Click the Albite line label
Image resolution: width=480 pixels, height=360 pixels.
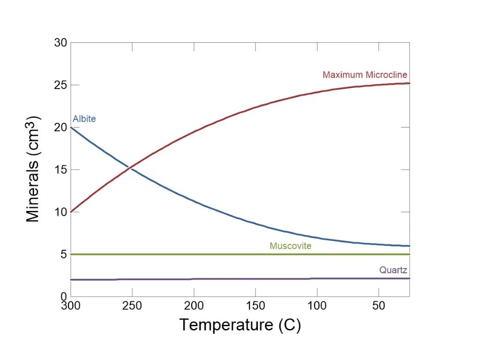tap(84, 119)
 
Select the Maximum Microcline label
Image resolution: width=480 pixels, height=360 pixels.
tap(365, 75)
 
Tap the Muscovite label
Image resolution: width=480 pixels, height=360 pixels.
tap(290, 246)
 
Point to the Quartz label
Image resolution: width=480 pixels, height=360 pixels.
tap(393, 270)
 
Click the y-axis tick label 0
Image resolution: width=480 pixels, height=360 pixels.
tap(64, 297)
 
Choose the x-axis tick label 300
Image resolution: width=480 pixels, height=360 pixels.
tap(71, 306)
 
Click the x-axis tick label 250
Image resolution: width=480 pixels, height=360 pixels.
tap(132, 306)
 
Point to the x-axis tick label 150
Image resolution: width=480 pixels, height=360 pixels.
tap(255, 306)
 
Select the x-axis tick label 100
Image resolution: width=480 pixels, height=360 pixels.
tap(317, 306)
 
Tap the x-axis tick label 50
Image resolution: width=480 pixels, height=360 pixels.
tap(379, 306)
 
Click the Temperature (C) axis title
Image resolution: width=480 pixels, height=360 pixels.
tap(240, 325)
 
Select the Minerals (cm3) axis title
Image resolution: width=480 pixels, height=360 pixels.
tap(33, 169)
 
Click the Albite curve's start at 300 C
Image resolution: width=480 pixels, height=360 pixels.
tap(71, 127)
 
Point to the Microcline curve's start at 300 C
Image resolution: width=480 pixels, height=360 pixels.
tap(71, 212)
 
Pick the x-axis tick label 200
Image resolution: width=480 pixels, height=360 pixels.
tap(194, 306)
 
